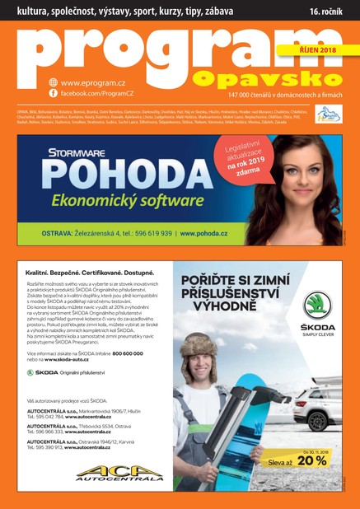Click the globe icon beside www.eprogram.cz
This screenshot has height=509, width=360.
[x=54, y=82]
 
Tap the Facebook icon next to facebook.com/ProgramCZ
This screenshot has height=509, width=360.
[x=54, y=95]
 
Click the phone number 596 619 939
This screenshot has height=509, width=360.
[x=151, y=233]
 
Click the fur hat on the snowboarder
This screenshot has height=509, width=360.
[x=198, y=344]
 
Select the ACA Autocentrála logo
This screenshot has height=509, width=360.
[x=97, y=473]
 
